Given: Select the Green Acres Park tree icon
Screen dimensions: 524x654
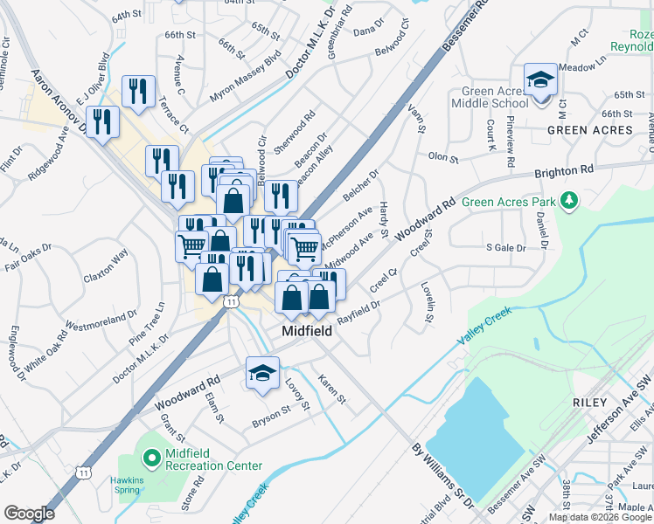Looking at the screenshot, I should pyautogui.click(x=570, y=202).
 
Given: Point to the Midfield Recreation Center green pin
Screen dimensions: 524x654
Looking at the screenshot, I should pyautogui.click(x=151, y=457).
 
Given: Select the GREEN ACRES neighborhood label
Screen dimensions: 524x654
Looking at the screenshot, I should pyautogui.click(x=589, y=130).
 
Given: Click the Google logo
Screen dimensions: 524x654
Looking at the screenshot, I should pyautogui.click(x=29, y=514).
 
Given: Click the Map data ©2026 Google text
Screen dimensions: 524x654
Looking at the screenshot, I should pyautogui.click(x=600, y=517).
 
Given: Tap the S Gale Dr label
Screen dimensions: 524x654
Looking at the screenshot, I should pyautogui.click(x=505, y=248).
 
